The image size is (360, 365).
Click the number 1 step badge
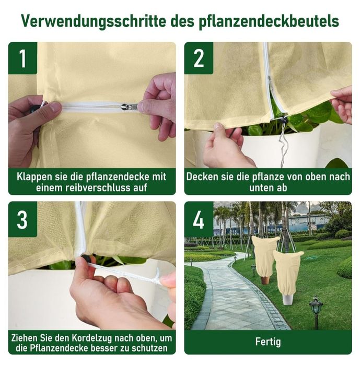pyautogui.click(x=22, y=58)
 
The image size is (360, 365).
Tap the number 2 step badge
pyautogui.click(x=199, y=58)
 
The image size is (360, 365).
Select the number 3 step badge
pyautogui.click(x=22, y=219)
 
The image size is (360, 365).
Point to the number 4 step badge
pyautogui.click(x=199, y=219)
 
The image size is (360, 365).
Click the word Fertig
pyautogui.click(x=268, y=342)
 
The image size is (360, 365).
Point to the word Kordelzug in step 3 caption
pyautogui.click(x=92, y=338)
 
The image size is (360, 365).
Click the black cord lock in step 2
pyautogui.click(x=283, y=120)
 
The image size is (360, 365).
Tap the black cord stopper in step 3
pyautogui.click(x=85, y=258)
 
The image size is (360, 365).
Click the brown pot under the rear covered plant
pyautogui.click(x=265, y=280)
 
